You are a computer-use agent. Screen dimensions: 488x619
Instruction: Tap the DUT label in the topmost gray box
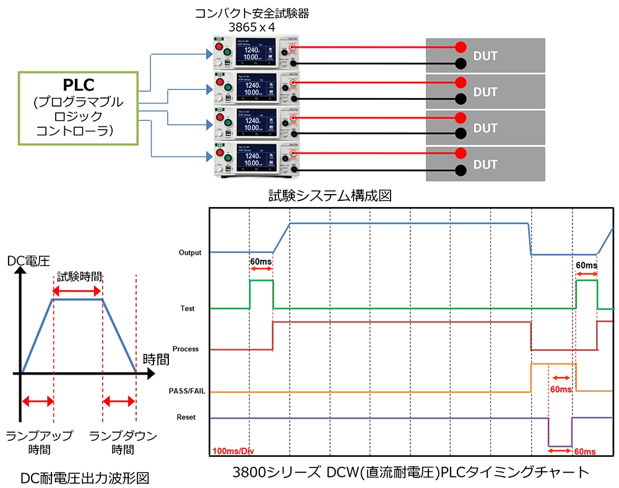click(x=485, y=56)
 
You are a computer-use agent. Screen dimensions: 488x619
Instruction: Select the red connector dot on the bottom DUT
click(x=460, y=153)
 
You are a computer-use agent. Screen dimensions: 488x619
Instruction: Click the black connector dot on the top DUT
click(x=460, y=63)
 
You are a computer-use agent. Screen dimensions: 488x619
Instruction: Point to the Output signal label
click(x=189, y=252)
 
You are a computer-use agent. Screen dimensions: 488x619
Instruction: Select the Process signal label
click(x=186, y=349)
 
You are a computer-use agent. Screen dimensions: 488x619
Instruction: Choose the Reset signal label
click(x=186, y=417)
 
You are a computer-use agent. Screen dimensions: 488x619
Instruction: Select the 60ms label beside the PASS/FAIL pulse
click(x=561, y=389)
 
